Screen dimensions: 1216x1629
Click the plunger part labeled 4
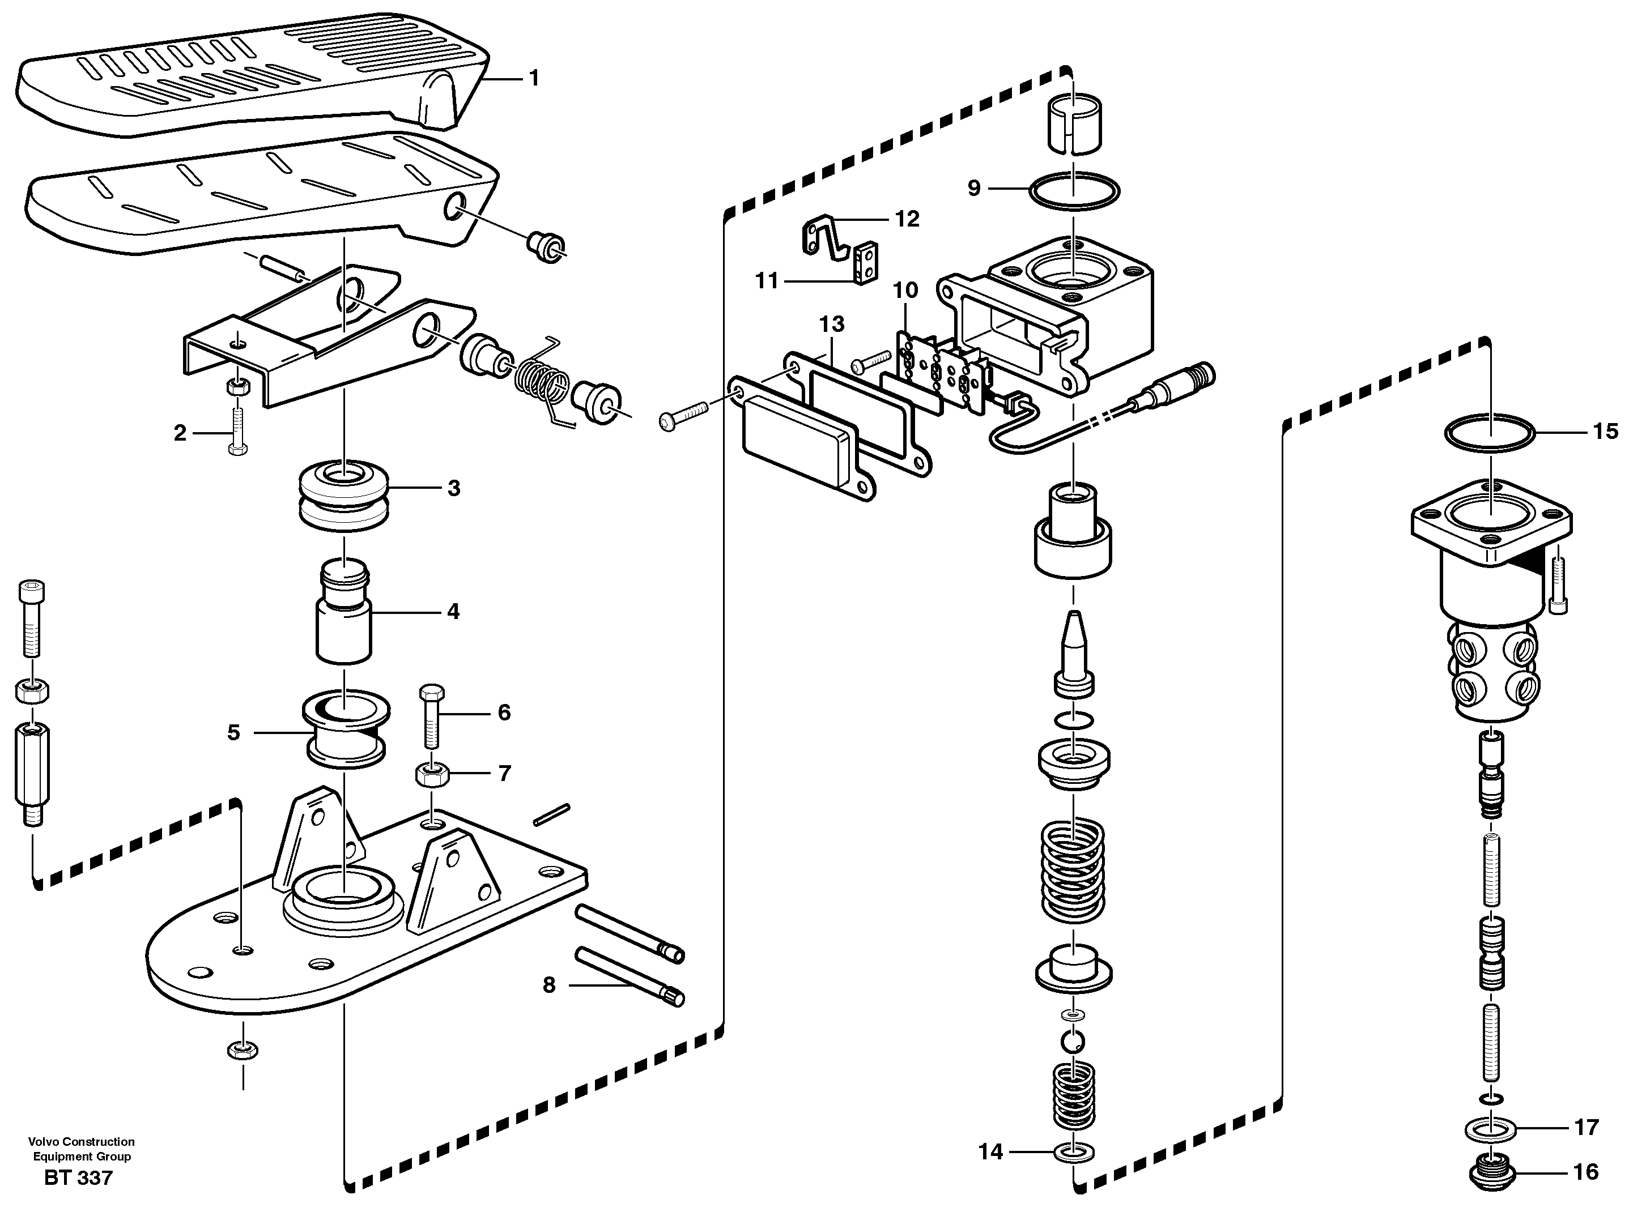344,612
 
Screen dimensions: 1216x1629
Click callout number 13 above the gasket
831,324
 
